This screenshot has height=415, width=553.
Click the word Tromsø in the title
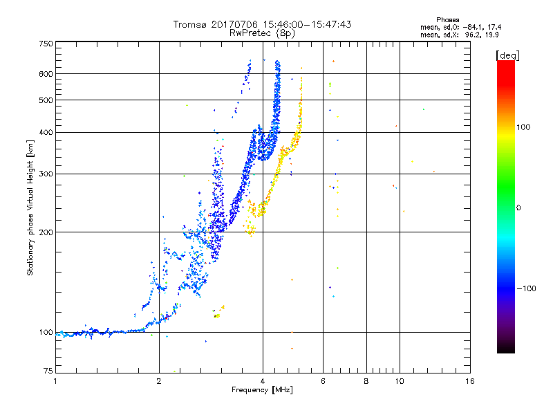pos(191,24)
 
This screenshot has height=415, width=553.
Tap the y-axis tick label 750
pos(46,43)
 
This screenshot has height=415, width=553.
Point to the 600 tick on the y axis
pos(46,73)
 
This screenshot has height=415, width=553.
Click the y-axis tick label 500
pos(46,100)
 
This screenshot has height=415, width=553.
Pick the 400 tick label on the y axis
pos(46,132)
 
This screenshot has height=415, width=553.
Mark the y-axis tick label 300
pos(46,174)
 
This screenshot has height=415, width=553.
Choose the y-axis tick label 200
pos(46,232)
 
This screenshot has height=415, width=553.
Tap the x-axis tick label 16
pos(469,380)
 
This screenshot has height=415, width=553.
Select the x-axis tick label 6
pos(323,380)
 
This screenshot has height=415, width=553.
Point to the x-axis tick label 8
pos(366,380)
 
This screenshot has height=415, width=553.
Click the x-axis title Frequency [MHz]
pos(262,390)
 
